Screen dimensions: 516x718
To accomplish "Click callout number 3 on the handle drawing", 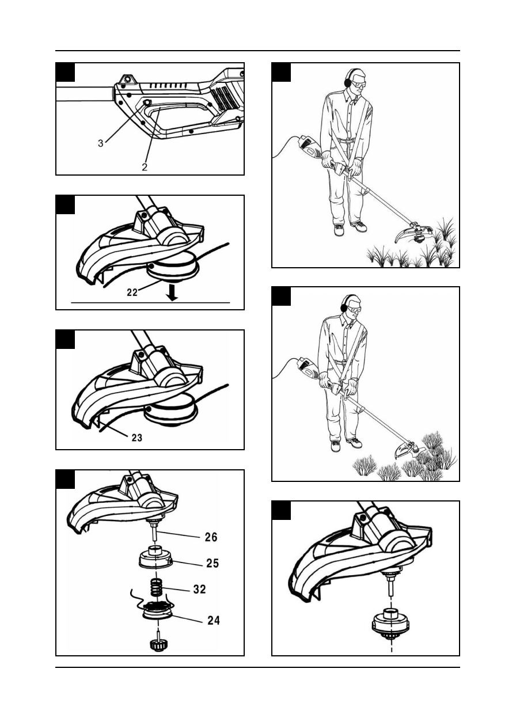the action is (x=101, y=143).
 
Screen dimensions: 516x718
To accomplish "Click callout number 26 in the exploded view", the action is (x=211, y=537).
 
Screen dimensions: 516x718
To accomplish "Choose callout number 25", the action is (x=213, y=563).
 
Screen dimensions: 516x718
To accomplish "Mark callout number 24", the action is (x=213, y=621).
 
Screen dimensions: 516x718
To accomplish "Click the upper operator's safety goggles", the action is (x=357, y=84).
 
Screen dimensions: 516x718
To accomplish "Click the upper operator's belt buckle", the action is (x=346, y=140).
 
